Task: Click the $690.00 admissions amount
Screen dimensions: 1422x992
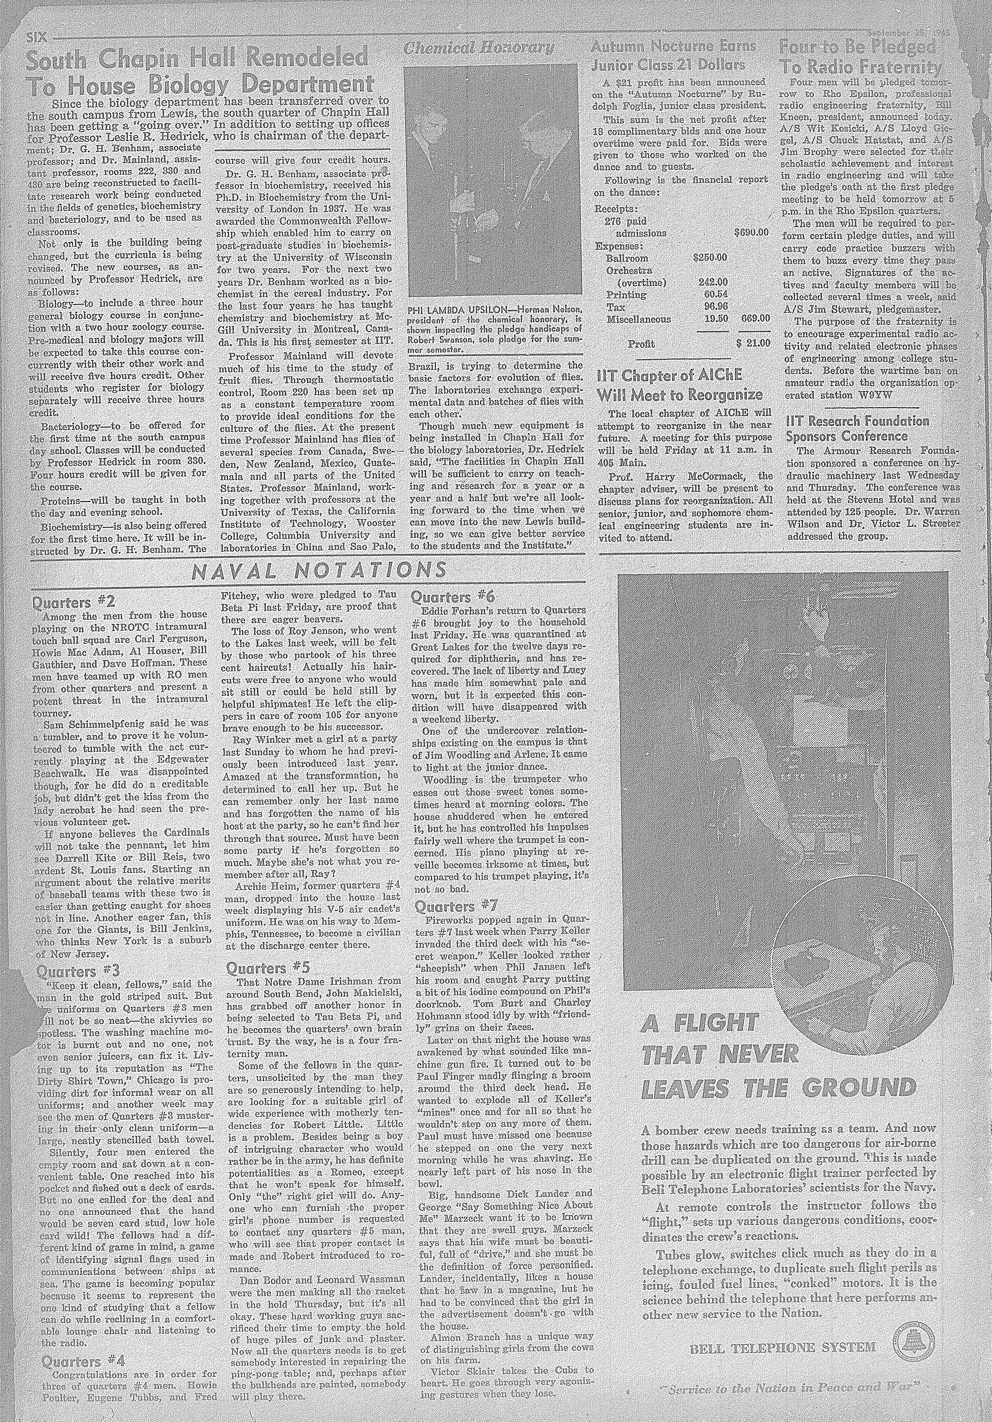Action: coord(750,233)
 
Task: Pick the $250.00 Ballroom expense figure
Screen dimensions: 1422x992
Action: coord(710,258)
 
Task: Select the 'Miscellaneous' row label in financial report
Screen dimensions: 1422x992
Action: coord(638,319)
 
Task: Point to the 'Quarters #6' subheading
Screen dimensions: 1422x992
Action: coord(453,597)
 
